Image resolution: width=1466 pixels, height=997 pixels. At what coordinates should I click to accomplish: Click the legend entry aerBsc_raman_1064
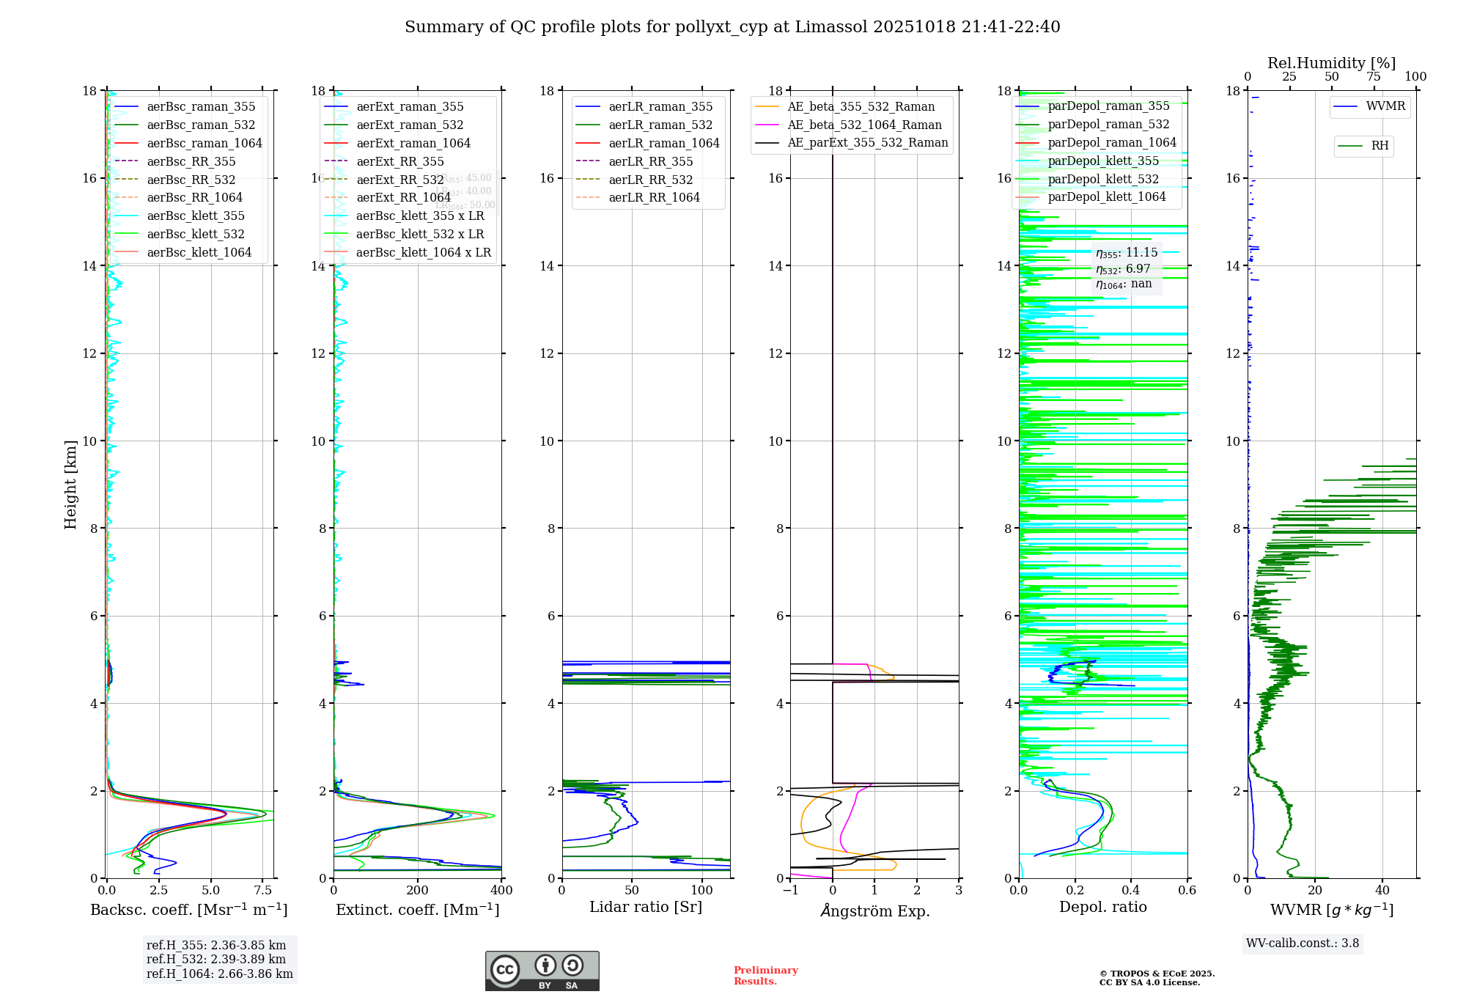click(x=204, y=143)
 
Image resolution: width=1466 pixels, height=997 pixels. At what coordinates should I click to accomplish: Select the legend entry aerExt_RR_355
click(x=399, y=161)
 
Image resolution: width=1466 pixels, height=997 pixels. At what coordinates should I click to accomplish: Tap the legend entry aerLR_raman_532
click(x=660, y=125)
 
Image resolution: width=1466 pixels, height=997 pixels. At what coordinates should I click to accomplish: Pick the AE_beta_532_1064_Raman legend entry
click(x=864, y=125)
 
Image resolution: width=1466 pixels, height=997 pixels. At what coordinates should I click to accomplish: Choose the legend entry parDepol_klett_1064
click(x=1106, y=196)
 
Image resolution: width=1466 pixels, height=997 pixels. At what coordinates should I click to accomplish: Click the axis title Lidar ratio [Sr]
click(x=646, y=907)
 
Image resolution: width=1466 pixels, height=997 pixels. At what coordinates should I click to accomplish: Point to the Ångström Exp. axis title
click(x=874, y=910)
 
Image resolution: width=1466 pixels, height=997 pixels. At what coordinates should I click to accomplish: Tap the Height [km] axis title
click(x=70, y=484)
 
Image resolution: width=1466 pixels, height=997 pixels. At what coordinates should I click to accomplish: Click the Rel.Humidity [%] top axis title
click(x=1331, y=63)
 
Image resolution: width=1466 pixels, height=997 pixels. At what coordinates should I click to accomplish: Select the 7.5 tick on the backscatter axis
click(x=263, y=891)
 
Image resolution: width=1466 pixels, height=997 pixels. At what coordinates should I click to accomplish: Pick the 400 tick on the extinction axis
click(x=502, y=891)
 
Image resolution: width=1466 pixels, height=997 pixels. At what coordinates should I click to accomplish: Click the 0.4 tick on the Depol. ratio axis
click(x=1131, y=891)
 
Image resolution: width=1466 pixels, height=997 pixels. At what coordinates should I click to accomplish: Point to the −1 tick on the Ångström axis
click(x=790, y=891)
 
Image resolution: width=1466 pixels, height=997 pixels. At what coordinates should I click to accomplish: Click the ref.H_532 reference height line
click(x=216, y=959)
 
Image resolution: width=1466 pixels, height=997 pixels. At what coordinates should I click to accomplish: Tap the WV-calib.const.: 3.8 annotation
click(x=1303, y=943)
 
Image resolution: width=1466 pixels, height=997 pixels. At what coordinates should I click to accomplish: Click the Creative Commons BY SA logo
click(x=542, y=971)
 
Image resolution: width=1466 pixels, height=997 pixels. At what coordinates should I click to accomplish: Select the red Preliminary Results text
click(x=765, y=975)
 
